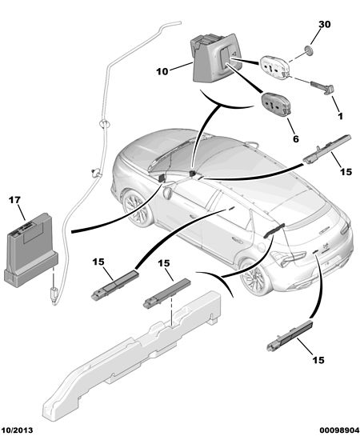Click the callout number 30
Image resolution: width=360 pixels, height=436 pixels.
325,25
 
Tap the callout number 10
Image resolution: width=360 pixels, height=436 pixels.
162,71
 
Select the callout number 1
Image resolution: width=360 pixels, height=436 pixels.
341,116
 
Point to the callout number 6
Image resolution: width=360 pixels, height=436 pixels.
296,138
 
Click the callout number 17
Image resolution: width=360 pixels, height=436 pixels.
14,200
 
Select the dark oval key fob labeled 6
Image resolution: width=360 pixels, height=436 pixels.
276,104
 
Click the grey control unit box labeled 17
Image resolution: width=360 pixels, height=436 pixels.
30,250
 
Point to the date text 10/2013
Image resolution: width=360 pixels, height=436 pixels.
18,430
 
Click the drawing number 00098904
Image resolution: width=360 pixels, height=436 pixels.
339,430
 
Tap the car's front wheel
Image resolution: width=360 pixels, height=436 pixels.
137,207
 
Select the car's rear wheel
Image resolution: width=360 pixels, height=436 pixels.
254,276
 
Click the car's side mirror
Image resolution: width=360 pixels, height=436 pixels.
169,193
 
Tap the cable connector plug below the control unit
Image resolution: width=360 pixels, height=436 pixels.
54,295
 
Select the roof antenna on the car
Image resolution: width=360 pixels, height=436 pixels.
251,144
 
